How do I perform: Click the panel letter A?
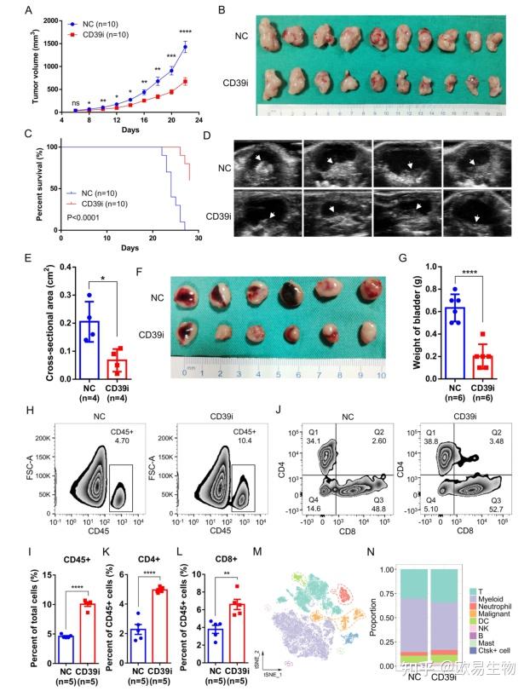[30, 10]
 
